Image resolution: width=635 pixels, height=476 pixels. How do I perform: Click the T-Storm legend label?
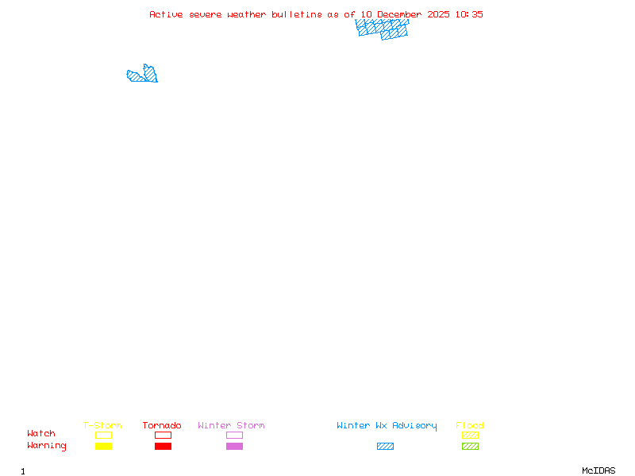[102, 426]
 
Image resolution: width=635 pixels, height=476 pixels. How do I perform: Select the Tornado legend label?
[162, 426]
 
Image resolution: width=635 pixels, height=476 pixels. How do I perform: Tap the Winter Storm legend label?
[231, 426]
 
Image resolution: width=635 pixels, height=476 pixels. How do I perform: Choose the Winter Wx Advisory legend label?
[387, 426]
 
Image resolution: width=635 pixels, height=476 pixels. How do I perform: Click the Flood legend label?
[470, 426]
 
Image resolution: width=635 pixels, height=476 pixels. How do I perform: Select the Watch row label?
[41, 434]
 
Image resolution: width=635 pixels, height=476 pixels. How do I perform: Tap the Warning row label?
[47, 446]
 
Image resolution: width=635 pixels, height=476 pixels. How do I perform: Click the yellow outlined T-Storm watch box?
[103, 435]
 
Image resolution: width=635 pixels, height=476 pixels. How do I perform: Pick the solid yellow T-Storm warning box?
[103, 446]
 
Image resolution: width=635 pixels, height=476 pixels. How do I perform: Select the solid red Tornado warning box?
[163, 446]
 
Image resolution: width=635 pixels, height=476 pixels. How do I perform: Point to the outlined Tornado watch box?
[163, 435]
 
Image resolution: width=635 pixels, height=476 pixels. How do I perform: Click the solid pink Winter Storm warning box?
[234, 446]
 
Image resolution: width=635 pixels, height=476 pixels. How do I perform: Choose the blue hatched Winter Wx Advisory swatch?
[385, 446]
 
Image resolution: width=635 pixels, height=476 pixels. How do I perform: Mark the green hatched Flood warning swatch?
[470, 446]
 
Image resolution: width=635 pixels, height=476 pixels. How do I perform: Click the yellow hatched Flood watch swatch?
[470, 435]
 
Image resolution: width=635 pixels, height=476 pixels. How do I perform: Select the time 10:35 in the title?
[469, 14]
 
